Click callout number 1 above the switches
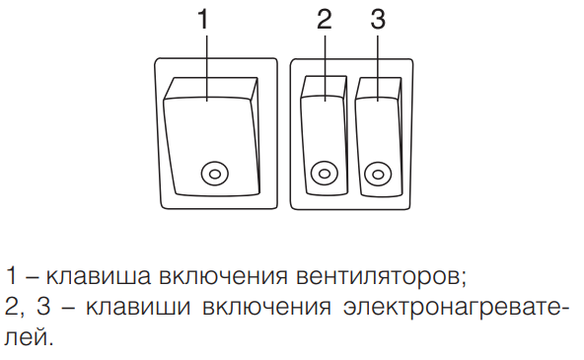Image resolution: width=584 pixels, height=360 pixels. coord(204,19)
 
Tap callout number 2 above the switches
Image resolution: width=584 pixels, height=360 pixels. coord(324,19)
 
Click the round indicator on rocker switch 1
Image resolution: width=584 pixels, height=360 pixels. coord(212,175)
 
